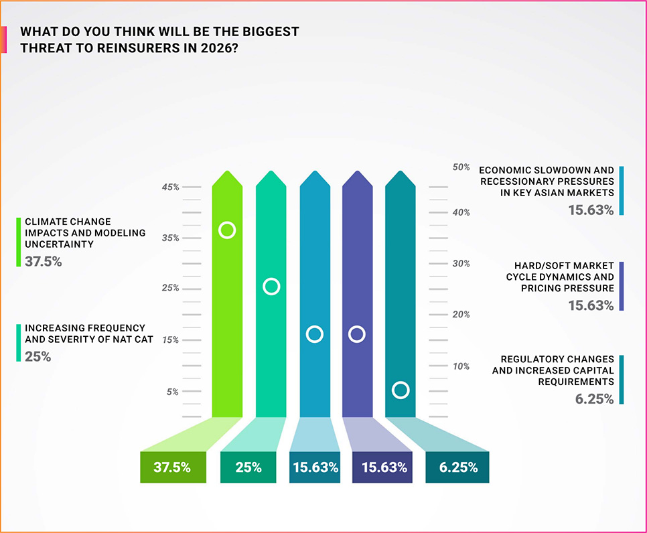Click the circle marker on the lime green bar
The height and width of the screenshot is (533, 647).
click(x=227, y=230)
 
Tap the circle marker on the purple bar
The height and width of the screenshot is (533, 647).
click(x=357, y=333)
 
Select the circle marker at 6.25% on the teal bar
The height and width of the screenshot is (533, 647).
click(x=401, y=390)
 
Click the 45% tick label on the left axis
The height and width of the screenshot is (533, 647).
click(x=170, y=187)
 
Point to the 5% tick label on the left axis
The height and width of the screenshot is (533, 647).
click(x=173, y=392)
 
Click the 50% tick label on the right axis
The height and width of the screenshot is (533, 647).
click(x=461, y=167)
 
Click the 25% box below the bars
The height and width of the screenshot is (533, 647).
click(x=248, y=467)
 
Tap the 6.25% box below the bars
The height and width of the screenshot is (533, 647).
click(x=457, y=467)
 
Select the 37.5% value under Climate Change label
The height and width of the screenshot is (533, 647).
click(x=44, y=261)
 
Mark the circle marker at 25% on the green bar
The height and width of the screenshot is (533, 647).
click(x=271, y=287)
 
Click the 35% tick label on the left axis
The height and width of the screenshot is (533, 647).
click(x=170, y=238)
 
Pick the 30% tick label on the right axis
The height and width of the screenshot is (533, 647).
click(x=461, y=264)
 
